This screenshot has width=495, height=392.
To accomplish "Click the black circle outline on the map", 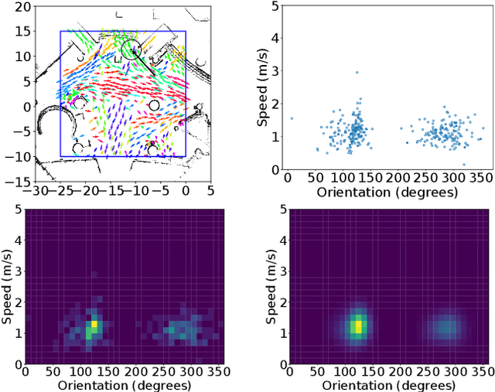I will click(132, 48).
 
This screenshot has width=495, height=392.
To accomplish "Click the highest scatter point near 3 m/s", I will click(357, 73).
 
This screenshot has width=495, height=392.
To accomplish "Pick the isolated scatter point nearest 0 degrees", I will click(292, 118).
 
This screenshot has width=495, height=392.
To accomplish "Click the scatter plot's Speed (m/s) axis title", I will click(263, 87).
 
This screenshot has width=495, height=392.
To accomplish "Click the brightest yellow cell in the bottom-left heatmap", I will click(94, 325).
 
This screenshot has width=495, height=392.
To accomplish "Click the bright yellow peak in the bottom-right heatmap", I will click(357, 326).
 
